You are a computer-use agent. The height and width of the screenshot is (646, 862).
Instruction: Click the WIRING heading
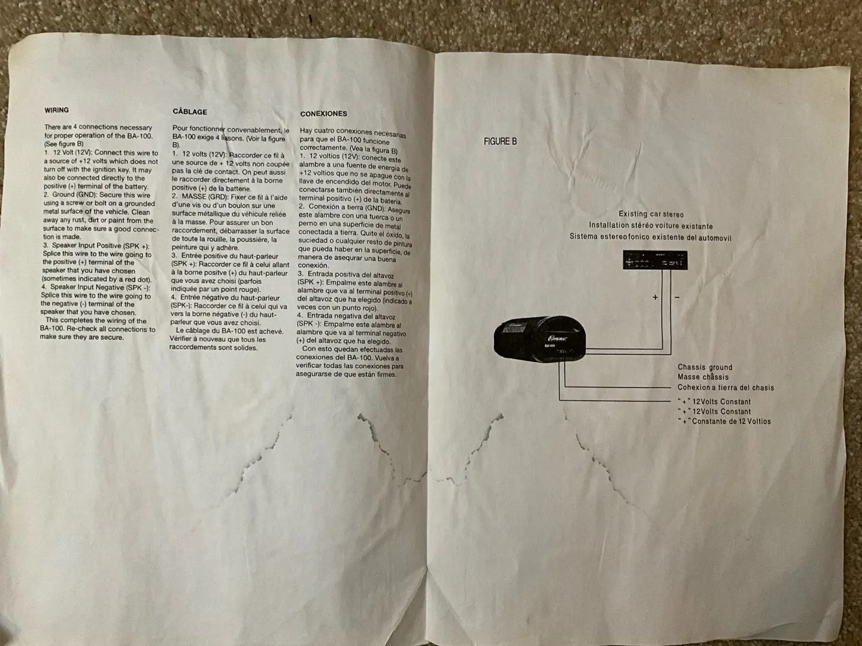tap(56, 110)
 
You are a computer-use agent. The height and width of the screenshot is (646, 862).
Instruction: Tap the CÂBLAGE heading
tap(190, 112)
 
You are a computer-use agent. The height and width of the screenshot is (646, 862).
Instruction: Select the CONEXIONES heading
tap(323, 114)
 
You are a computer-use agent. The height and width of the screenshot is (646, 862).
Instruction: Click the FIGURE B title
tap(500, 142)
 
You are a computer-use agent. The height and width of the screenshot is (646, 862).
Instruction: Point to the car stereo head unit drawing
tap(655, 260)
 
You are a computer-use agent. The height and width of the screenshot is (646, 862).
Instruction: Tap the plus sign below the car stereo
tap(655, 297)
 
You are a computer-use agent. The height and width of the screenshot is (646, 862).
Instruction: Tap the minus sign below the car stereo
tap(677, 297)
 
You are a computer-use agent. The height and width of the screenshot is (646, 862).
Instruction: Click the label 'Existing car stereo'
tap(651, 214)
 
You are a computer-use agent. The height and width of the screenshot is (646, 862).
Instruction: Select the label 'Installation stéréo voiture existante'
tap(651, 226)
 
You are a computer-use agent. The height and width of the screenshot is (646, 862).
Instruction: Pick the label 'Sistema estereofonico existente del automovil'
tap(651, 237)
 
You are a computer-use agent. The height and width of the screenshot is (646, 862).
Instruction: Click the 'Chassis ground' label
tap(705, 367)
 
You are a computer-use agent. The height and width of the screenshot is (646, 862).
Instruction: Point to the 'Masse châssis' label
tap(703, 377)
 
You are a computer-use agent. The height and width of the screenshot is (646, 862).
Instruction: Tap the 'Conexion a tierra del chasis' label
tap(726, 388)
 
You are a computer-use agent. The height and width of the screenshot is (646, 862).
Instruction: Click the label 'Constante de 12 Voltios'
tap(731, 421)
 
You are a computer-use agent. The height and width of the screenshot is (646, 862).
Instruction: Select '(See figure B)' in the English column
tap(63, 144)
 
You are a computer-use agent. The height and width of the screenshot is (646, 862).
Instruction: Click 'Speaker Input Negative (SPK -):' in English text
tap(96, 287)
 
